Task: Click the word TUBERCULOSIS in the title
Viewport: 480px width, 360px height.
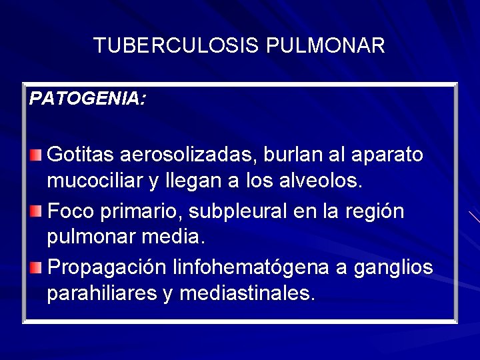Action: tap(177, 45)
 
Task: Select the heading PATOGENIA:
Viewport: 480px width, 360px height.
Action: tap(87, 99)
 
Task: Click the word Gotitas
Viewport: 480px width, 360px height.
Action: tap(81, 155)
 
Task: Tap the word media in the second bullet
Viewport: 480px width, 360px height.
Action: tap(179, 237)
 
